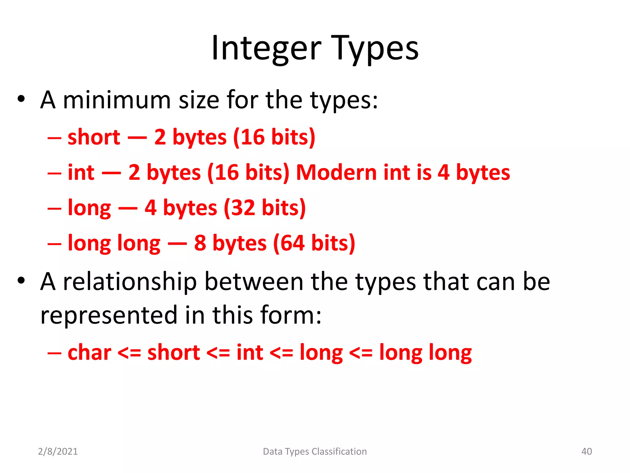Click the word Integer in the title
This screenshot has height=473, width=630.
point(266,49)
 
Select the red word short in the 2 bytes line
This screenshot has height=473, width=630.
point(94,137)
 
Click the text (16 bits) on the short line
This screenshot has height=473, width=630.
point(274,137)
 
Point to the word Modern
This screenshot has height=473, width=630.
point(336,172)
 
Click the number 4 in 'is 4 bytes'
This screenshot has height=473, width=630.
point(443,172)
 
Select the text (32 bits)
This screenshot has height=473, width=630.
point(265,208)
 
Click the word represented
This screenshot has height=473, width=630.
point(109,315)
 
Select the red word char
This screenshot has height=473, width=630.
point(89,353)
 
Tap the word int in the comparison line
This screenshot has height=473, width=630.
point(250,353)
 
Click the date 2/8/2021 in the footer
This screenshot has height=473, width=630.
point(58,451)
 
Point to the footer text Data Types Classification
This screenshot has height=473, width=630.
point(315,451)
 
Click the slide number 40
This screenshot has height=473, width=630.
point(586,451)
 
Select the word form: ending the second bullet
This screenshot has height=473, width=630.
point(291,315)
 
